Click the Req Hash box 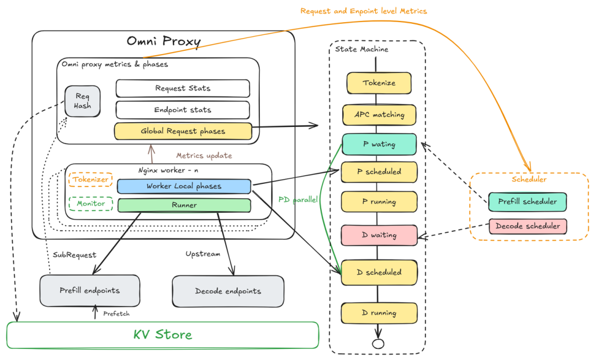click(x=83, y=101)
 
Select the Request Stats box click(x=183, y=88)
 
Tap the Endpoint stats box click(x=183, y=110)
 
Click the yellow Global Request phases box click(x=183, y=131)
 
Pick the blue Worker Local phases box click(x=184, y=186)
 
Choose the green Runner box click(x=184, y=205)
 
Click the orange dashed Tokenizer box click(x=91, y=179)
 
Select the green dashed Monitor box click(x=91, y=204)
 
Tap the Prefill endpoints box click(x=89, y=290)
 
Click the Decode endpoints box click(x=228, y=291)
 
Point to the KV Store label click(x=163, y=335)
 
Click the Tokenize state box click(x=379, y=83)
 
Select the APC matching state click(x=379, y=115)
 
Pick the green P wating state click(x=379, y=144)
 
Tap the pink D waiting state click(x=379, y=235)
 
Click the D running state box click(x=379, y=313)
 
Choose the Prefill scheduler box click(x=528, y=202)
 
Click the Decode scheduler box click(x=528, y=226)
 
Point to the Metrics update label click(x=204, y=156)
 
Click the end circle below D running click(x=378, y=343)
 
